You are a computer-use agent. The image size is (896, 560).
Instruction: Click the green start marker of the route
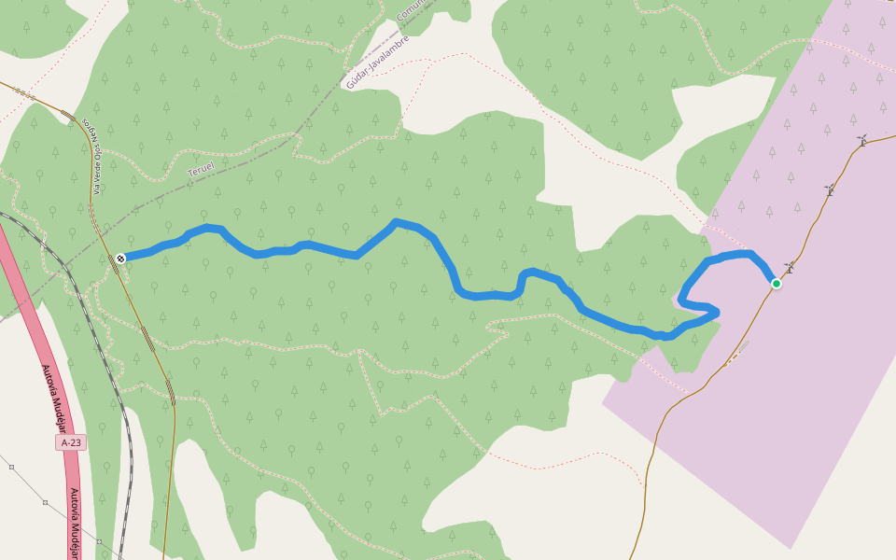tap(776, 283)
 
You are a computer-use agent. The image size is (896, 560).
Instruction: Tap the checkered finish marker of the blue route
tap(120, 258)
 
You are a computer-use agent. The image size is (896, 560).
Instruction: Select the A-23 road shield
tap(71, 442)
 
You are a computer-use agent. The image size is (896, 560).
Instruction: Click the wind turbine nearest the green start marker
tap(790, 268)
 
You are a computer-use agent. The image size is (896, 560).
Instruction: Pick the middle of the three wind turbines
tap(830, 189)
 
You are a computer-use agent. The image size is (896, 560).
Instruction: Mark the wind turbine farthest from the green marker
tap(862, 141)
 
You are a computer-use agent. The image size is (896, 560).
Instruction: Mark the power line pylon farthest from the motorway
tap(11, 466)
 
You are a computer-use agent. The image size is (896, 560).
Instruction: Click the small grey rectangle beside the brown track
tap(741, 348)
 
